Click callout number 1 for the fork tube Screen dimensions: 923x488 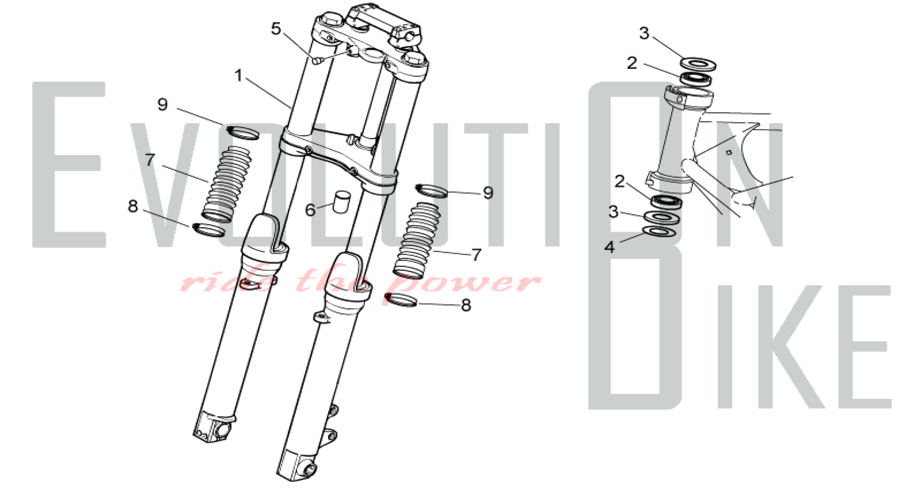coord(238,75)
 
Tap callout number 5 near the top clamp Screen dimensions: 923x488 coord(276,29)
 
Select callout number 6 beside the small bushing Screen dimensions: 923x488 coord(310,210)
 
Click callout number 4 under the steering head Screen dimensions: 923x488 coord(610,247)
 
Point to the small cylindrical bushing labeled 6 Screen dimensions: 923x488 coord(341,202)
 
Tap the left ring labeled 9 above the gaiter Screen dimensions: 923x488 coord(243,132)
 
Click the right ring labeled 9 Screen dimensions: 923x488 coord(432,190)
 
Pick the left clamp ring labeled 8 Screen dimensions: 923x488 coord(209,230)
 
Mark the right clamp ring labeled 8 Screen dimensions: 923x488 coord(401,300)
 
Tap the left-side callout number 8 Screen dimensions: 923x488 coord(133,206)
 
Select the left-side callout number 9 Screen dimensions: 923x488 coord(162,104)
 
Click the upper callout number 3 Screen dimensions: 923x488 coord(644,33)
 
